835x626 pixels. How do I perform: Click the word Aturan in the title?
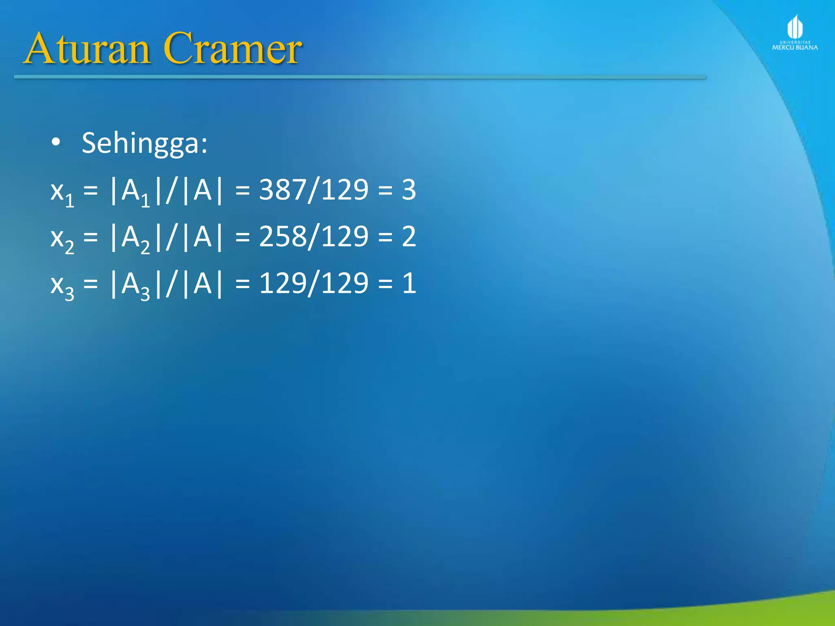88,49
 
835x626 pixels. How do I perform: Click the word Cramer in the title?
232,49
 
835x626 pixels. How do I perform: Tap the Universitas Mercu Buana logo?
795,33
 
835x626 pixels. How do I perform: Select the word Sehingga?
144,143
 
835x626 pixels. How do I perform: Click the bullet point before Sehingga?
56,143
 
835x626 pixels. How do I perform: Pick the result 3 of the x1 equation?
409,190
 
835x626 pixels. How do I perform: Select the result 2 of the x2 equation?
409,237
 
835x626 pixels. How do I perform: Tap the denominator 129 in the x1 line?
345,190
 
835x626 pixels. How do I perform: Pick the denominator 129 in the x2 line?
345,237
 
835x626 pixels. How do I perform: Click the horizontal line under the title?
359,77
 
